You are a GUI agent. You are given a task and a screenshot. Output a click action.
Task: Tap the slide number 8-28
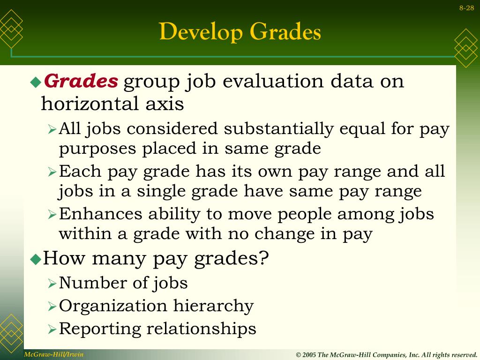[466, 7]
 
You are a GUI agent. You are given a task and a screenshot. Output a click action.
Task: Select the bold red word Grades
[81, 82]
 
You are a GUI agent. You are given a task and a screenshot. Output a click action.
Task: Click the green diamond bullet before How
[36, 259]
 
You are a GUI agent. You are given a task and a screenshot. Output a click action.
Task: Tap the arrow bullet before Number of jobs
[52, 284]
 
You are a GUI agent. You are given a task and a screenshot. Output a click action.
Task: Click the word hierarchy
[214, 306]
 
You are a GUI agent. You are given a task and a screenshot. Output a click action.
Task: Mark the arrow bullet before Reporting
[52, 330]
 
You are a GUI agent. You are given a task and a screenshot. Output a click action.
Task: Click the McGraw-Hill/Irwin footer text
[54, 354]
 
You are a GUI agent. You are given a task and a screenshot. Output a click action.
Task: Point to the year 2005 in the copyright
[309, 355]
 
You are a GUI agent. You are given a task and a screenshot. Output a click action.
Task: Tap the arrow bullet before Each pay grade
[52, 172]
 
